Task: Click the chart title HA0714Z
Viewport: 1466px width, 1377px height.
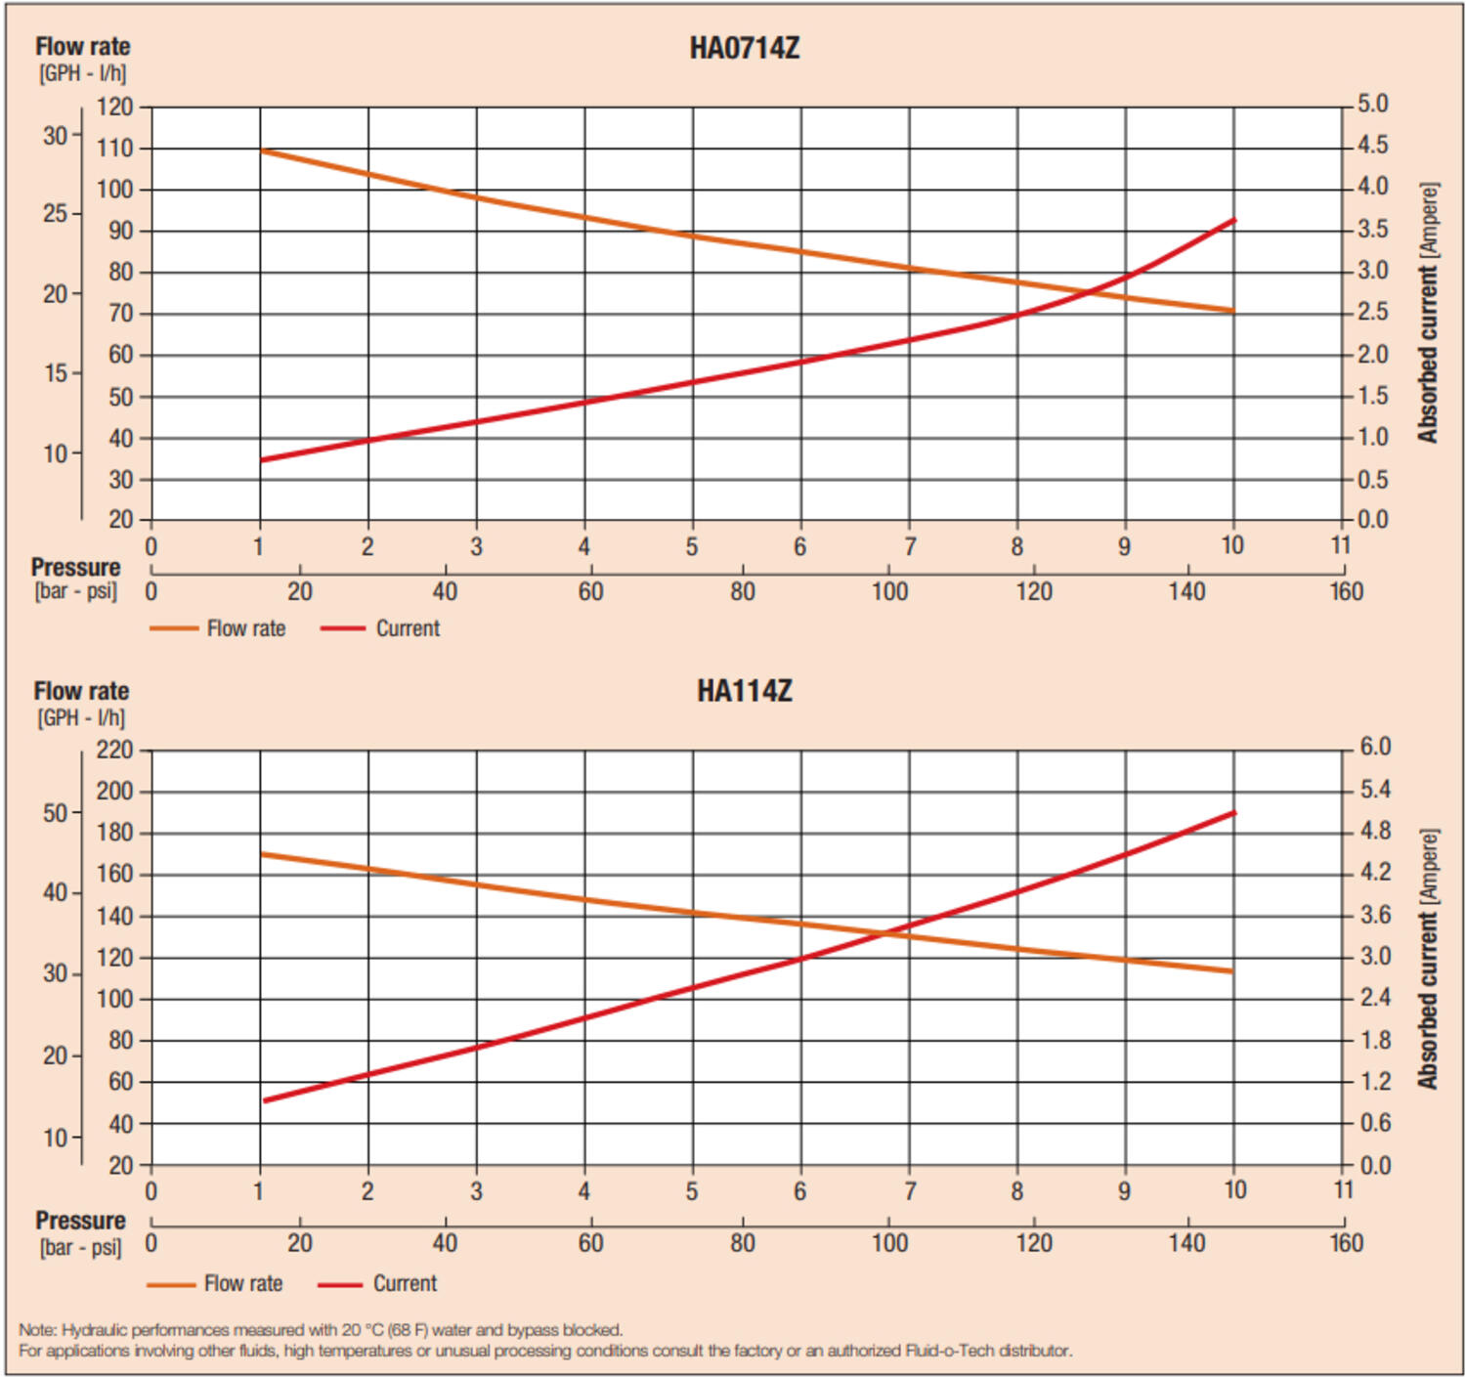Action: [744, 48]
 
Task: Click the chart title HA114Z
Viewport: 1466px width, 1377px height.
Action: [744, 691]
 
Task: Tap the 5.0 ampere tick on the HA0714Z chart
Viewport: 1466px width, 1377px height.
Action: [1371, 104]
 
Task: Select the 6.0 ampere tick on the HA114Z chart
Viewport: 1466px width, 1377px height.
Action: [1374, 747]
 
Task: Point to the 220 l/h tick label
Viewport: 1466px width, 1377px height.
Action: [114, 750]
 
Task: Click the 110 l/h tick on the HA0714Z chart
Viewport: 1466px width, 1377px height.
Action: [114, 149]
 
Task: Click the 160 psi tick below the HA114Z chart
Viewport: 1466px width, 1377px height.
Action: [1346, 1242]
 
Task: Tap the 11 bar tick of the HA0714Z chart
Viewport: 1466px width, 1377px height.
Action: [1340, 545]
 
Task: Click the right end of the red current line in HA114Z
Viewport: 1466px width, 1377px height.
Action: [1234, 812]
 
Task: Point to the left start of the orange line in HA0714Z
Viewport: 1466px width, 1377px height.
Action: [262, 151]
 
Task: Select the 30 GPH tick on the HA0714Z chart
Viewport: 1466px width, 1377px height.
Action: [55, 136]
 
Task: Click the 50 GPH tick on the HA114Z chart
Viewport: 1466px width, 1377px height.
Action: [55, 813]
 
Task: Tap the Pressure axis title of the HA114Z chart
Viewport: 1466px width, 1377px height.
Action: [80, 1221]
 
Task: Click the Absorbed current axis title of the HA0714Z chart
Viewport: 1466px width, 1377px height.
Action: [1428, 313]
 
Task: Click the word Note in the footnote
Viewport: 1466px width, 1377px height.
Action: [37, 1330]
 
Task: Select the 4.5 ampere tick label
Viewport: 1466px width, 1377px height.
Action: [1371, 146]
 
